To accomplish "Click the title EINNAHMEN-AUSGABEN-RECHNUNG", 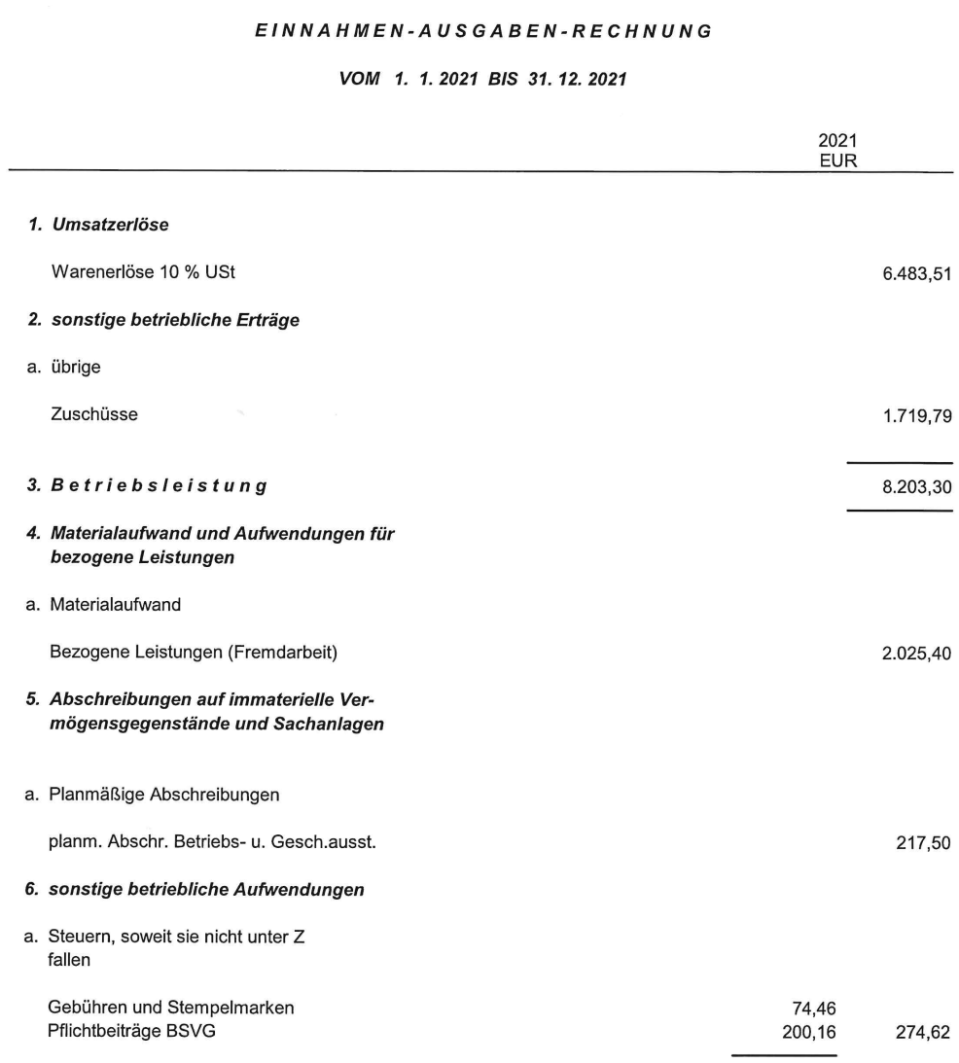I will (x=481, y=32).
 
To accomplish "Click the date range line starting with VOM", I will (x=481, y=80).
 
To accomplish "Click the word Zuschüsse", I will (x=92, y=415).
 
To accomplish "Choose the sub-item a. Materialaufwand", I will (x=111, y=605).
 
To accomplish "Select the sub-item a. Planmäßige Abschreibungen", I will (x=152, y=795).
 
